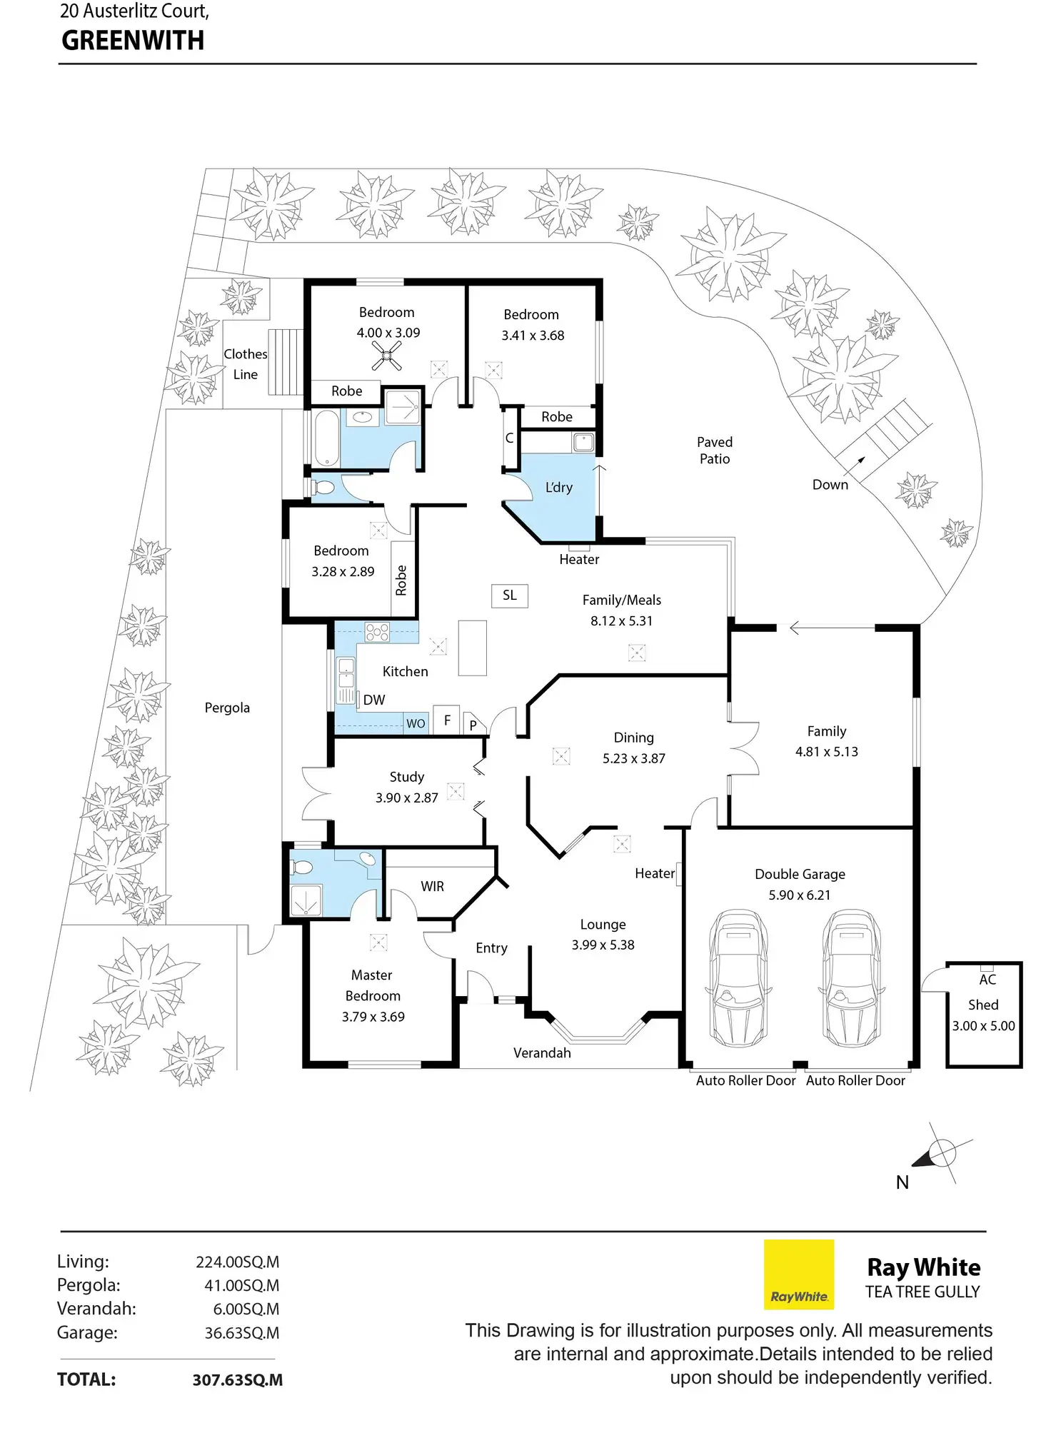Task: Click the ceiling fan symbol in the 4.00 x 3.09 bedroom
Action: pyautogui.click(x=386, y=356)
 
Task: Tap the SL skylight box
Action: pyautogui.click(x=510, y=595)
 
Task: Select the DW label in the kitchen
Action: pyautogui.click(x=374, y=700)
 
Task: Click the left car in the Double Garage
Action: pyautogui.click(x=738, y=978)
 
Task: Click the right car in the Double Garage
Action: pyautogui.click(x=851, y=978)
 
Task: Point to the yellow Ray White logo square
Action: pyautogui.click(x=798, y=1274)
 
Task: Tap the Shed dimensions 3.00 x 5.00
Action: pyautogui.click(x=983, y=1026)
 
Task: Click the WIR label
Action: pyautogui.click(x=432, y=886)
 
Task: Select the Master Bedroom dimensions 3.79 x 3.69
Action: pyautogui.click(x=373, y=1017)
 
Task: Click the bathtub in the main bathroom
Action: pyautogui.click(x=327, y=438)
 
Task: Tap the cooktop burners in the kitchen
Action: pyautogui.click(x=377, y=632)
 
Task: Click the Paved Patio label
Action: pyautogui.click(x=715, y=451)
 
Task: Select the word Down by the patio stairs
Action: pyautogui.click(x=830, y=485)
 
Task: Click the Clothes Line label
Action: pyautogui.click(x=245, y=364)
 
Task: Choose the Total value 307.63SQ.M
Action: pyautogui.click(x=237, y=1380)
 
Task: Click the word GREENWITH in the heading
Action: pyautogui.click(x=133, y=41)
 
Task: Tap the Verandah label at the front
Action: pyautogui.click(x=542, y=1053)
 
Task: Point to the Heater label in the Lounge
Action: pyautogui.click(x=654, y=873)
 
